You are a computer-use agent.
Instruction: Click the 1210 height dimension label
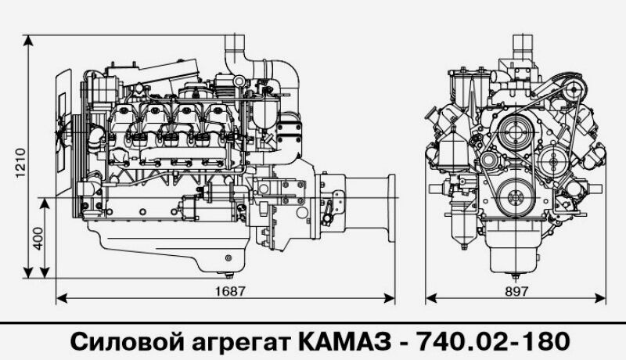tap(21, 163)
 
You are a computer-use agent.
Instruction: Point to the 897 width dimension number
tap(516, 290)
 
